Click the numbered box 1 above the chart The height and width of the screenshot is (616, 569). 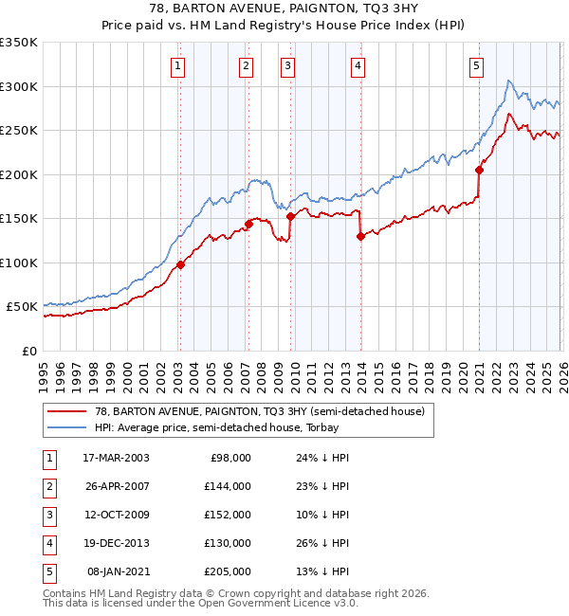(178, 65)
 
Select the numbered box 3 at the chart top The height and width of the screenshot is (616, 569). (287, 65)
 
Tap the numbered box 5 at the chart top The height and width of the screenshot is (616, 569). (475, 65)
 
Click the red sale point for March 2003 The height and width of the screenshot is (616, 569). (180, 264)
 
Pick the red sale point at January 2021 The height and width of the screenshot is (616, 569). (480, 171)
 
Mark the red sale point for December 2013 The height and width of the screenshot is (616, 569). (360, 237)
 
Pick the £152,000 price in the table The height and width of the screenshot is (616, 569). (227, 515)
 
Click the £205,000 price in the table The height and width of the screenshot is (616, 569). (227, 571)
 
